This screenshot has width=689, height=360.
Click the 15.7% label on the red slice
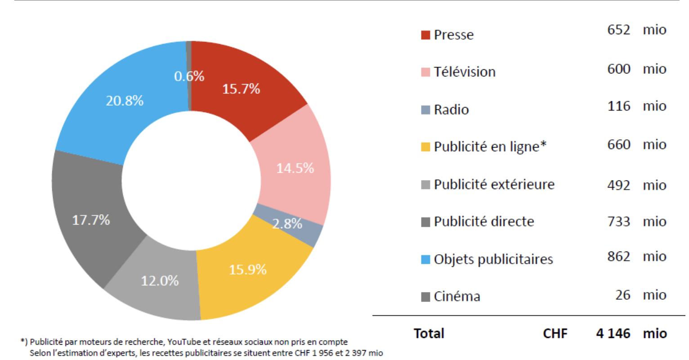tap(241, 89)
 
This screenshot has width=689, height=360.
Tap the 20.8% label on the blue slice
tap(125, 101)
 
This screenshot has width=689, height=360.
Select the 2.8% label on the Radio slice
tap(287, 224)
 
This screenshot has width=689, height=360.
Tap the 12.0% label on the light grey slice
tap(160, 281)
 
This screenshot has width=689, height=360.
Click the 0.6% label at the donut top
tap(189, 76)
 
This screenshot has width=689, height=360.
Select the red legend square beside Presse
tap(425, 35)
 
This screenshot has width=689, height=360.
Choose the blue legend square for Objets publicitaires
tap(425, 260)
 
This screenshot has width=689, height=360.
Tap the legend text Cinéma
tap(457, 297)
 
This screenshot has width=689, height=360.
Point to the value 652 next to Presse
tap(619, 30)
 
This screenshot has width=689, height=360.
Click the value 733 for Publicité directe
tap(619, 221)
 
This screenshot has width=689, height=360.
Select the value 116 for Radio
tap(619, 106)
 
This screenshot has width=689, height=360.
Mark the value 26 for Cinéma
tap(622, 295)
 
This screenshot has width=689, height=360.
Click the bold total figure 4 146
tap(613, 333)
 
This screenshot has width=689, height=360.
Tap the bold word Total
tap(429, 333)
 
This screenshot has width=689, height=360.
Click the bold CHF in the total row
tap(555, 333)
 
